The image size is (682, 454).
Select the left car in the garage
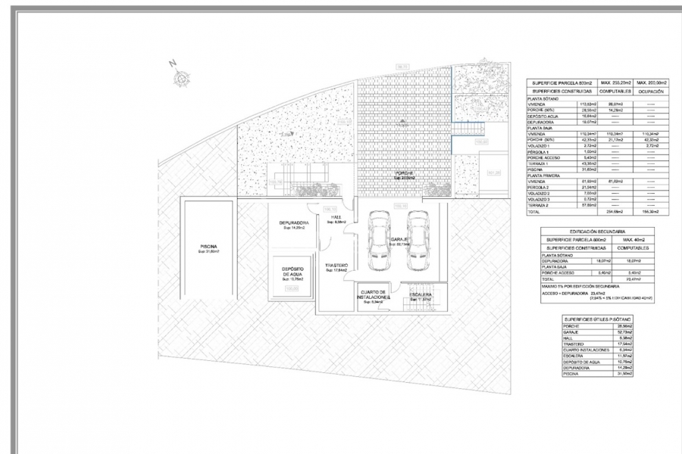(x=379, y=240)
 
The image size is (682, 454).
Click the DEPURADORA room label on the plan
(x=293, y=222)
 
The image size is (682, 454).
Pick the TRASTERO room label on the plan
(x=336, y=266)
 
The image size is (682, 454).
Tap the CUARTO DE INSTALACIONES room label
(x=373, y=295)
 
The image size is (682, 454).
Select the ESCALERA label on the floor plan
(x=421, y=294)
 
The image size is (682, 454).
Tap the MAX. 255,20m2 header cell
(x=616, y=82)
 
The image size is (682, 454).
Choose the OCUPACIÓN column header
(x=651, y=91)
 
